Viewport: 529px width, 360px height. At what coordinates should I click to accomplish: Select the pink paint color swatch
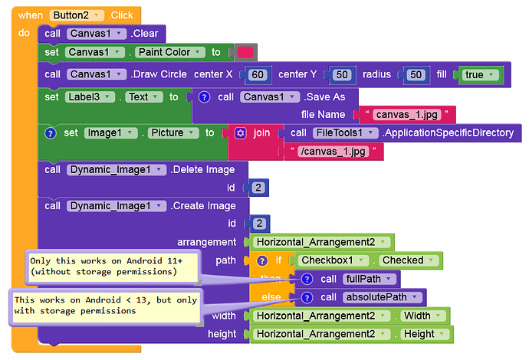(x=245, y=52)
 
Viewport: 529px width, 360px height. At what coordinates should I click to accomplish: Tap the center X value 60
(x=258, y=74)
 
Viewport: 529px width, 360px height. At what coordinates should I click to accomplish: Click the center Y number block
(x=342, y=74)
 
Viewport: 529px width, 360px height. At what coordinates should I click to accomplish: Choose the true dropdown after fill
(x=478, y=74)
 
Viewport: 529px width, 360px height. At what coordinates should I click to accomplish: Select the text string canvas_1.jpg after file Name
(x=407, y=115)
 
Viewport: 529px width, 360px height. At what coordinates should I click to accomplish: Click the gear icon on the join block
(x=240, y=133)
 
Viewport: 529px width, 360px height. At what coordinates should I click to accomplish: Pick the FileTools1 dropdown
(x=345, y=133)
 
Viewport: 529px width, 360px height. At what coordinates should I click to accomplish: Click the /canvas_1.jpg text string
(x=333, y=152)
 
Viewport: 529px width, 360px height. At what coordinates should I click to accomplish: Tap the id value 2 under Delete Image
(x=258, y=188)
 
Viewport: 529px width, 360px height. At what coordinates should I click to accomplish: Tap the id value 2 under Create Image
(x=259, y=224)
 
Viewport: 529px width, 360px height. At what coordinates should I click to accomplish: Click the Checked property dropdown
(x=408, y=260)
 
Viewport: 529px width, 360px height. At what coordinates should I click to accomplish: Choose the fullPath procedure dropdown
(x=369, y=279)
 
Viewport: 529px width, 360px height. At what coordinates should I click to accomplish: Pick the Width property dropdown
(x=422, y=316)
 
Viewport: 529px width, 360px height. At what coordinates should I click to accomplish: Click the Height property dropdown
(x=424, y=334)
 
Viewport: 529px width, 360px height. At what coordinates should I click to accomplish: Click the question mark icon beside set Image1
(x=50, y=133)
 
